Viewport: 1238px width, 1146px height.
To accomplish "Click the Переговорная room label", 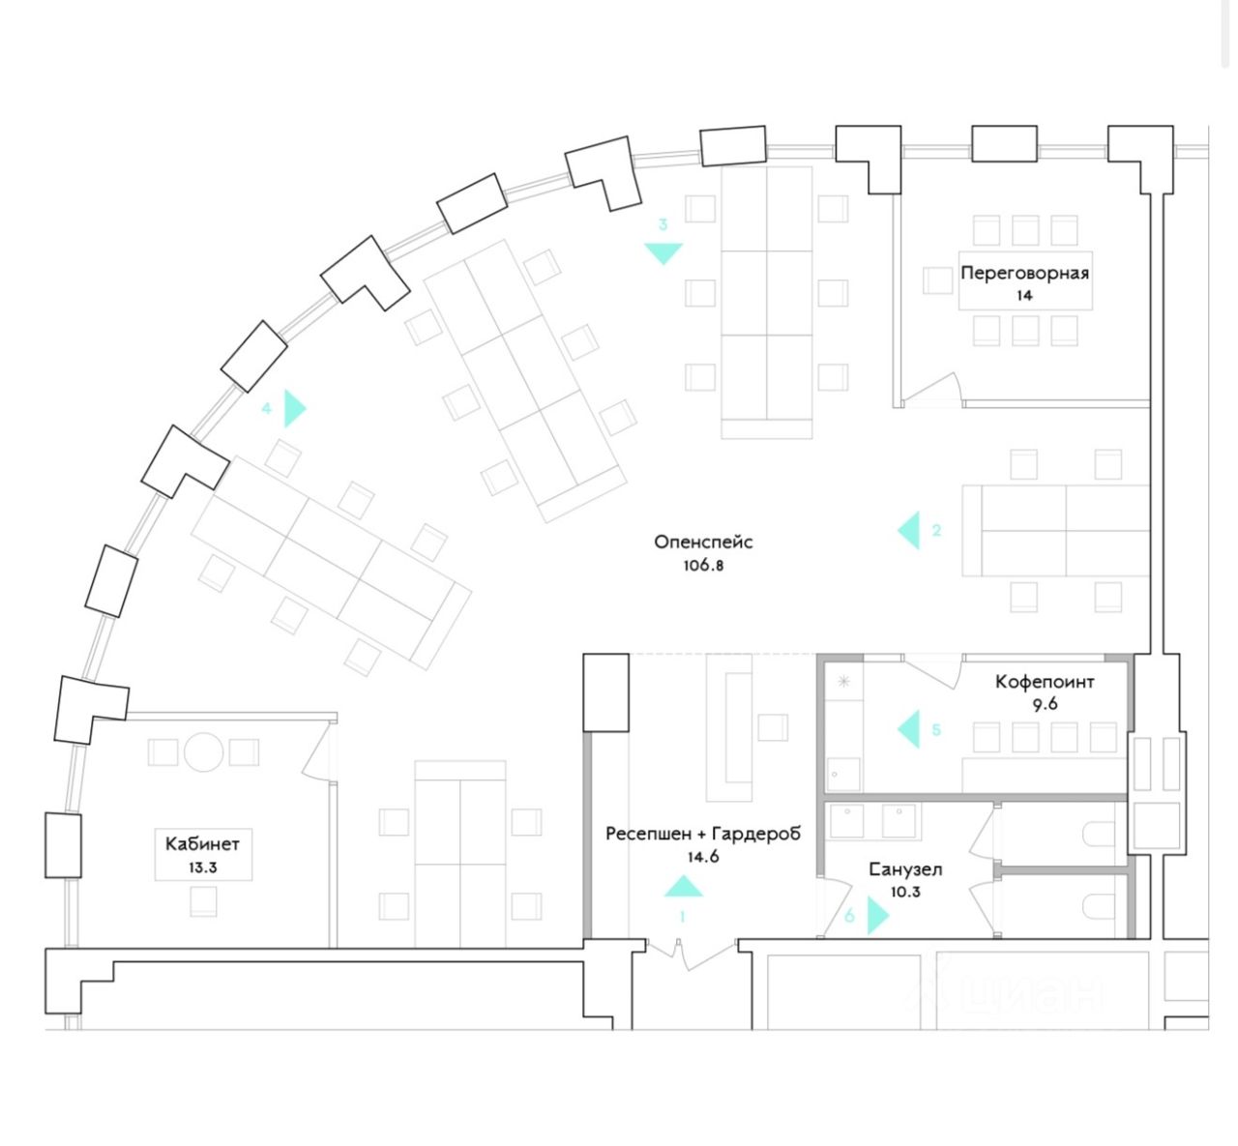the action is click(x=1025, y=274).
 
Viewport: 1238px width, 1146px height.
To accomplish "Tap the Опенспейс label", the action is click(x=703, y=543).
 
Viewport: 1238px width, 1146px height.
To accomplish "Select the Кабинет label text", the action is click(x=202, y=844).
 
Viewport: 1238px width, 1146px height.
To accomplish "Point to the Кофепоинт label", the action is click(x=1045, y=682).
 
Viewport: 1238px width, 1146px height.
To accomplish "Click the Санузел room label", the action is click(x=905, y=869).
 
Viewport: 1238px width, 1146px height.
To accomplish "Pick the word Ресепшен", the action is click(x=649, y=835).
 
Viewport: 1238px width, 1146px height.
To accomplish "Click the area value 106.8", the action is click(x=703, y=566).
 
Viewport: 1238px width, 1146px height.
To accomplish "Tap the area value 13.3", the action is click(x=202, y=867).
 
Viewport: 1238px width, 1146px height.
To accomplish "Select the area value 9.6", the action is click(x=1045, y=705).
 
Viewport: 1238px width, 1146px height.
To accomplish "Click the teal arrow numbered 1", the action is click(x=683, y=886).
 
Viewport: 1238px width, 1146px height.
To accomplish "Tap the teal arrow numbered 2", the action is click(x=909, y=530).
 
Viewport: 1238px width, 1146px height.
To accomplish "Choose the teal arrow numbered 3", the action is click(x=663, y=253).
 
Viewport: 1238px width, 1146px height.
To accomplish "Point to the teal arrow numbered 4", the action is click(x=295, y=408).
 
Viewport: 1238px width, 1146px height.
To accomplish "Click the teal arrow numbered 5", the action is click(x=909, y=729).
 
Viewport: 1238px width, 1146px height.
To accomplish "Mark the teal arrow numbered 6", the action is click(x=878, y=916).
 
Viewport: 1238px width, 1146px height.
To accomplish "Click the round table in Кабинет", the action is click(x=203, y=752).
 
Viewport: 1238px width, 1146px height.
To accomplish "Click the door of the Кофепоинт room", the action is click(x=933, y=672).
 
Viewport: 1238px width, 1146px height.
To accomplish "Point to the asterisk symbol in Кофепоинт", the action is click(x=843, y=681).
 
